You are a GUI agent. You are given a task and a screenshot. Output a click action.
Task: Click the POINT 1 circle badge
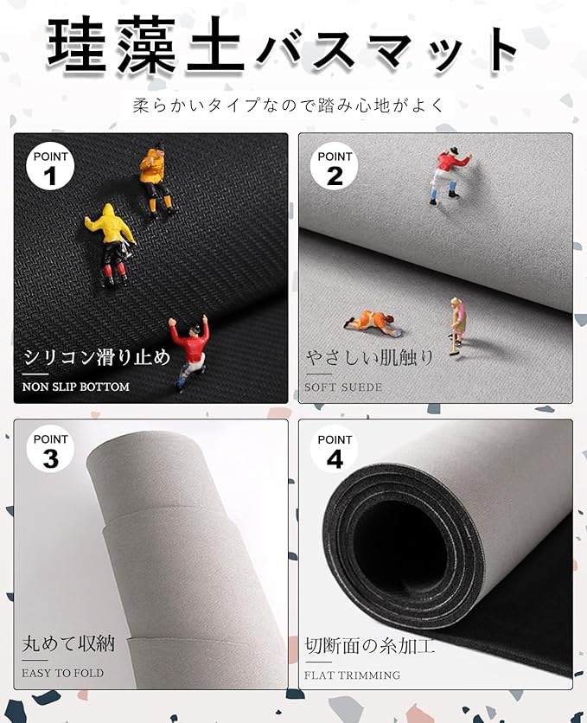pos(50,168)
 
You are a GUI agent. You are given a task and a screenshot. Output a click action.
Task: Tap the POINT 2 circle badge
pos(335,168)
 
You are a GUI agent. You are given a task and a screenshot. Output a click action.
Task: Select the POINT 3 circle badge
pos(50,451)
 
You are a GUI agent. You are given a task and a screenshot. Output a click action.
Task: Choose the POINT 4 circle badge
pos(335,451)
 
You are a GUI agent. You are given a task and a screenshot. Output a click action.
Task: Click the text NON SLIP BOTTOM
pos(76,387)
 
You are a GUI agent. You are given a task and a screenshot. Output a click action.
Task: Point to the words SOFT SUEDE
pos(343,387)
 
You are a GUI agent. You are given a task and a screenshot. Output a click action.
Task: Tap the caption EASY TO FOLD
pos(62,673)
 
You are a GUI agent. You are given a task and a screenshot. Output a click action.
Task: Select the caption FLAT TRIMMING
pos(352,675)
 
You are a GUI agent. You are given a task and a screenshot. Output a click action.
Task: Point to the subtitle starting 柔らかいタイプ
pos(289,106)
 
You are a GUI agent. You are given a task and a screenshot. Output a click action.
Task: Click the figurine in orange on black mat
pos(156,182)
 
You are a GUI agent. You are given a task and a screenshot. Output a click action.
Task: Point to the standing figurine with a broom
pos(457,325)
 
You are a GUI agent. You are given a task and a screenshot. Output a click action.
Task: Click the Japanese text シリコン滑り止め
pos(97,357)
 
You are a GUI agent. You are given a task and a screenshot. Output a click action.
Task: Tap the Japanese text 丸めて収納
pos(68,643)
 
